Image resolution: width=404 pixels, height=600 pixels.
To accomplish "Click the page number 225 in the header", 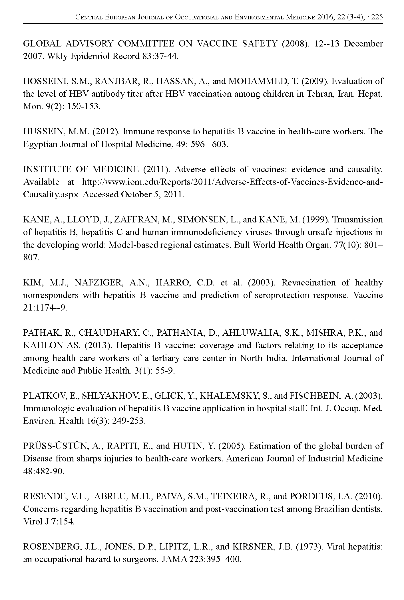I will click(x=377, y=17).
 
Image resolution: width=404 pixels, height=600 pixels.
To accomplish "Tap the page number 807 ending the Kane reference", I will click(x=31, y=258).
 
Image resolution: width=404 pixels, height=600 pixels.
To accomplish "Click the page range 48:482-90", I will click(x=43, y=471).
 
